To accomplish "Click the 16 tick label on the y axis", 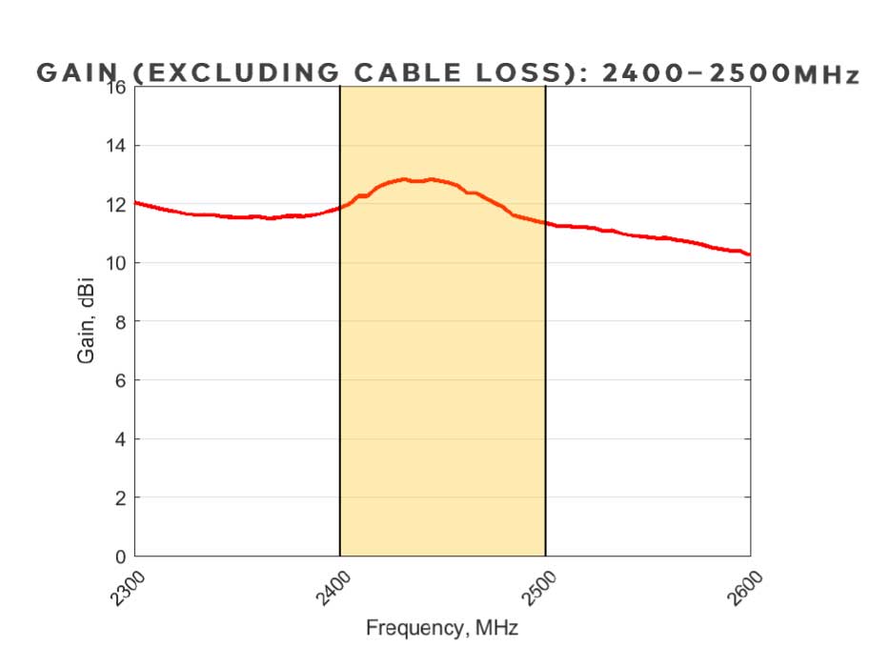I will [116, 88].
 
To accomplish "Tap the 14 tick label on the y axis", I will [116, 146].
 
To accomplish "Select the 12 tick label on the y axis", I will [116, 205].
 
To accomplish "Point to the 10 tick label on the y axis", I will [116, 263].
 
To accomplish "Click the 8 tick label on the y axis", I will [120, 322].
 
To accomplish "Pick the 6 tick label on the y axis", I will [120, 380].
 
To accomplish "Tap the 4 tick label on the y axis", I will [120, 439].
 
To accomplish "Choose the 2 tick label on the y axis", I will [120, 497].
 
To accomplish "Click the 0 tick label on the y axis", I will [120, 556].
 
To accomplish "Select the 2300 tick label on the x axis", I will [126, 583].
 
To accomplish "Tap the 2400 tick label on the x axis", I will [331, 583].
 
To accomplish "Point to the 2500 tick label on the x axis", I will [536, 583].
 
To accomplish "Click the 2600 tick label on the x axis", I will [741, 583].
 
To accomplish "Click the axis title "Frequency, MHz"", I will [442, 628].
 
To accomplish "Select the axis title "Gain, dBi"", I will [85, 321].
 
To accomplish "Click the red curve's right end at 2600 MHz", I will [749, 254].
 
